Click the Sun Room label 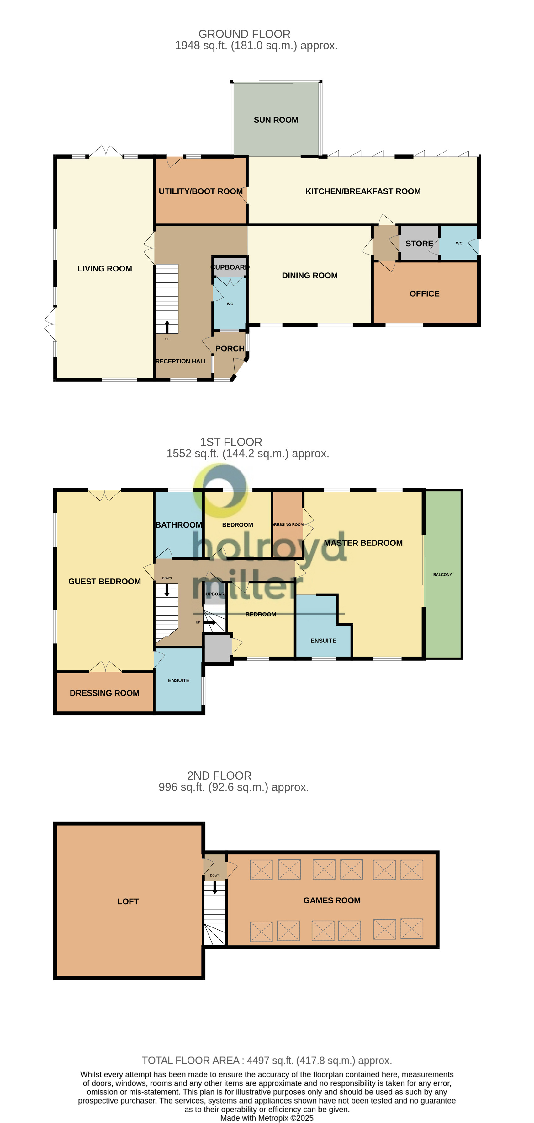tap(276, 120)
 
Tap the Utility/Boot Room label tap(200, 191)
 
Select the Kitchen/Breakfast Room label tap(362, 191)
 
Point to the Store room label tap(419, 244)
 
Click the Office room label tap(424, 294)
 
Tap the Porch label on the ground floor tap(230, 348)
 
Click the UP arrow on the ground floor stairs tap(167, 326)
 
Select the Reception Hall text tap(181, 361)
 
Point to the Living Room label tap(104, 269)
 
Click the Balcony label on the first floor tap(442, 575)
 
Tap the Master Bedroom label tap(363, 543)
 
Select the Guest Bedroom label tap(104, 581)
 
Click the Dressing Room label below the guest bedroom tap(104, 693)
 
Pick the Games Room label tap(331, 900)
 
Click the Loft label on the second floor tap(128, 901)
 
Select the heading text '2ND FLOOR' tap(219, 776)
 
